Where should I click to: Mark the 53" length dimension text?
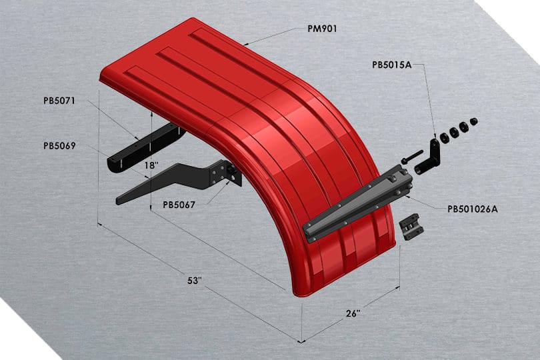(194, 281)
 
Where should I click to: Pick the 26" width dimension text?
(353, 313)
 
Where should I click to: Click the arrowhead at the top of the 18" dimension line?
(153, 114)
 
